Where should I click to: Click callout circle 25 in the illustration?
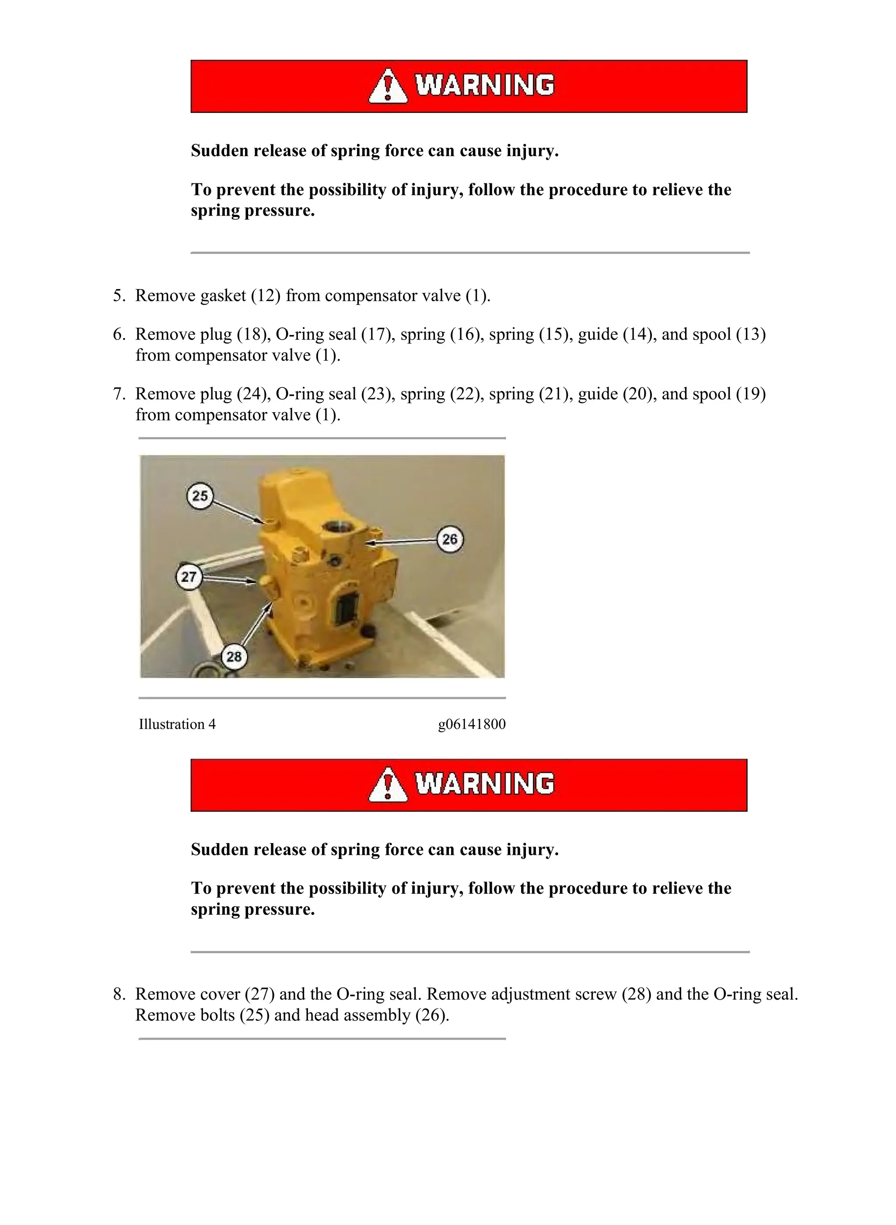[x=200, y=495]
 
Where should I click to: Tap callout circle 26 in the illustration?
[x=450, y=539]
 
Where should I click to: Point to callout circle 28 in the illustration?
[x=234, y=657]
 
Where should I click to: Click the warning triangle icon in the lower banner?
[x=388, y=785]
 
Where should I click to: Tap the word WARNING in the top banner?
[x=485, y=86]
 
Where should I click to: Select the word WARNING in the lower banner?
[x=485, y=784]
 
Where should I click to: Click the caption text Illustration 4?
[x=177, y=724]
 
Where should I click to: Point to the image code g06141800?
[x=472, y=724]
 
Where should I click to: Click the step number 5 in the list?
[x=119, y=296]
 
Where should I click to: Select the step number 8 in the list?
[x=119, y=994]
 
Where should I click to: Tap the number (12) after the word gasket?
[x=266, y=296]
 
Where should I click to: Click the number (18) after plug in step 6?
[x=253, y=334]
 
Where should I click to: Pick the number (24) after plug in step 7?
[x=253, y=394]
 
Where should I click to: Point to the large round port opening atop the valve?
[x=337, y=528]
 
